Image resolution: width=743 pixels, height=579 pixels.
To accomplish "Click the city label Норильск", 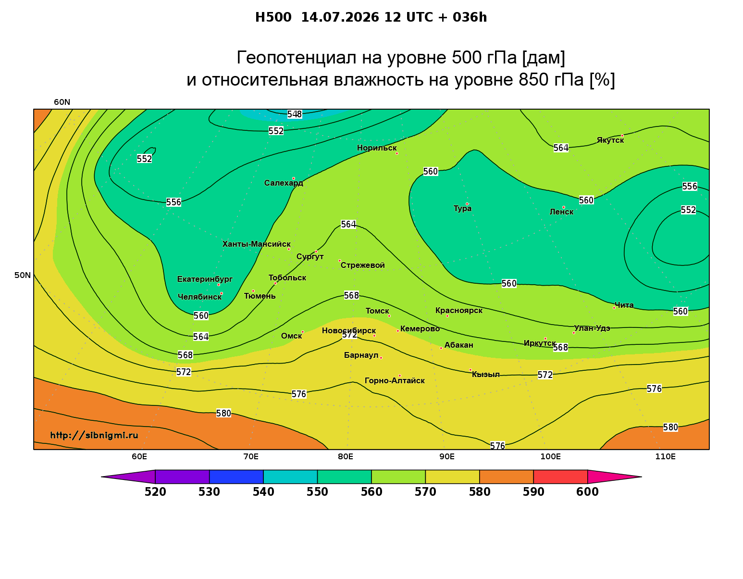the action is pos(377,148).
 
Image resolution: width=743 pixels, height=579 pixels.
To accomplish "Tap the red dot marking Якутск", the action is pos(622,136).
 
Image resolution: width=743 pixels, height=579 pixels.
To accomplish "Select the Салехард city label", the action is pos(284,183).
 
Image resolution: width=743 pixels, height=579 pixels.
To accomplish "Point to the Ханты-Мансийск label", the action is pos(257,244).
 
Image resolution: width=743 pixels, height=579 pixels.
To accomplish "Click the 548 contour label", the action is pos(295,114).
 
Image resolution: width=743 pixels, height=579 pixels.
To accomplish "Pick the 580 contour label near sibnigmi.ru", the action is pos(223,413).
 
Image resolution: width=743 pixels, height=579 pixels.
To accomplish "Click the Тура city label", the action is pos(462,209).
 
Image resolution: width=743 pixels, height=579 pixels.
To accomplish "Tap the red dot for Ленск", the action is pos(564,207).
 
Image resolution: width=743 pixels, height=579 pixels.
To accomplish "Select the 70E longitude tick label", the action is pos(251,456).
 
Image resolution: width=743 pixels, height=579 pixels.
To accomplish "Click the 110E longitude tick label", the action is pos(665,456).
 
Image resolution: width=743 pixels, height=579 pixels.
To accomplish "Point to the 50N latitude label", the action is pos(23,275).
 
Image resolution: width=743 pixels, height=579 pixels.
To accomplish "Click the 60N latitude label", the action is pos(62,102).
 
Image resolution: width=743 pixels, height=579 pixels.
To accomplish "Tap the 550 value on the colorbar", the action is pos(317,492).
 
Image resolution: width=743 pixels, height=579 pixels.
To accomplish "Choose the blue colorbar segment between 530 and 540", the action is pos(236,477).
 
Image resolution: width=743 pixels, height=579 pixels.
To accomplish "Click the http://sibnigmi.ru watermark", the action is pos(94,435).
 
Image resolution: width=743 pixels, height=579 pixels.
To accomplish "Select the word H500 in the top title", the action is pos(273,17).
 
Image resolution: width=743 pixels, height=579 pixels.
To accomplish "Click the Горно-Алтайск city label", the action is pos(395,381).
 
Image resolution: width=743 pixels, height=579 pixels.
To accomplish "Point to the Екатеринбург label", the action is pos(205,279).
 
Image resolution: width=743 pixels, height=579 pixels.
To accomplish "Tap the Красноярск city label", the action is pos(459,311).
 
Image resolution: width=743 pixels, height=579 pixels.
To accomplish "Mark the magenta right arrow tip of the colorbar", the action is pos(642,477).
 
